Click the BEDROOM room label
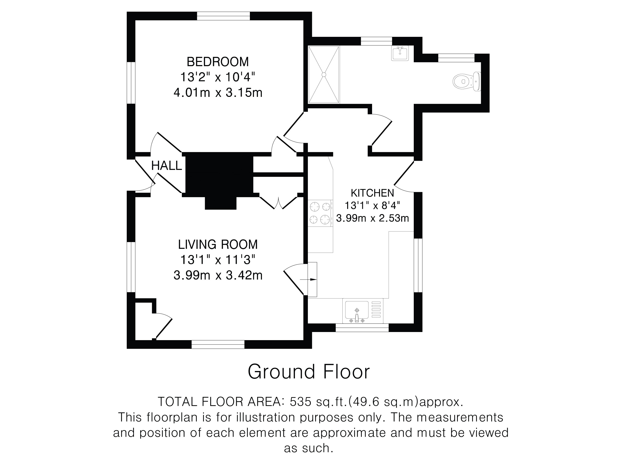(218, 62)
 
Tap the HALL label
(167, 166)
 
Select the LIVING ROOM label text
(218, 244)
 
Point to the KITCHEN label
(372, 193)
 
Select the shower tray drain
(324, 75)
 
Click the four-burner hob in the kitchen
(320, 213)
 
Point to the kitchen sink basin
(356, 310)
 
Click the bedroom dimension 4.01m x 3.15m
(218, 92)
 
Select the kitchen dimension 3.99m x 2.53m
(372, 218)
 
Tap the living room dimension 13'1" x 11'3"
(218, 260)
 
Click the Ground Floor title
(309, 372)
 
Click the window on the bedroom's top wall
(223, 16)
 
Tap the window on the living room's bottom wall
(218, 344)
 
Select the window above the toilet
(456, 58)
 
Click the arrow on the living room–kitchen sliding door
(309, 279)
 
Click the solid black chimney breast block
(219, 181)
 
